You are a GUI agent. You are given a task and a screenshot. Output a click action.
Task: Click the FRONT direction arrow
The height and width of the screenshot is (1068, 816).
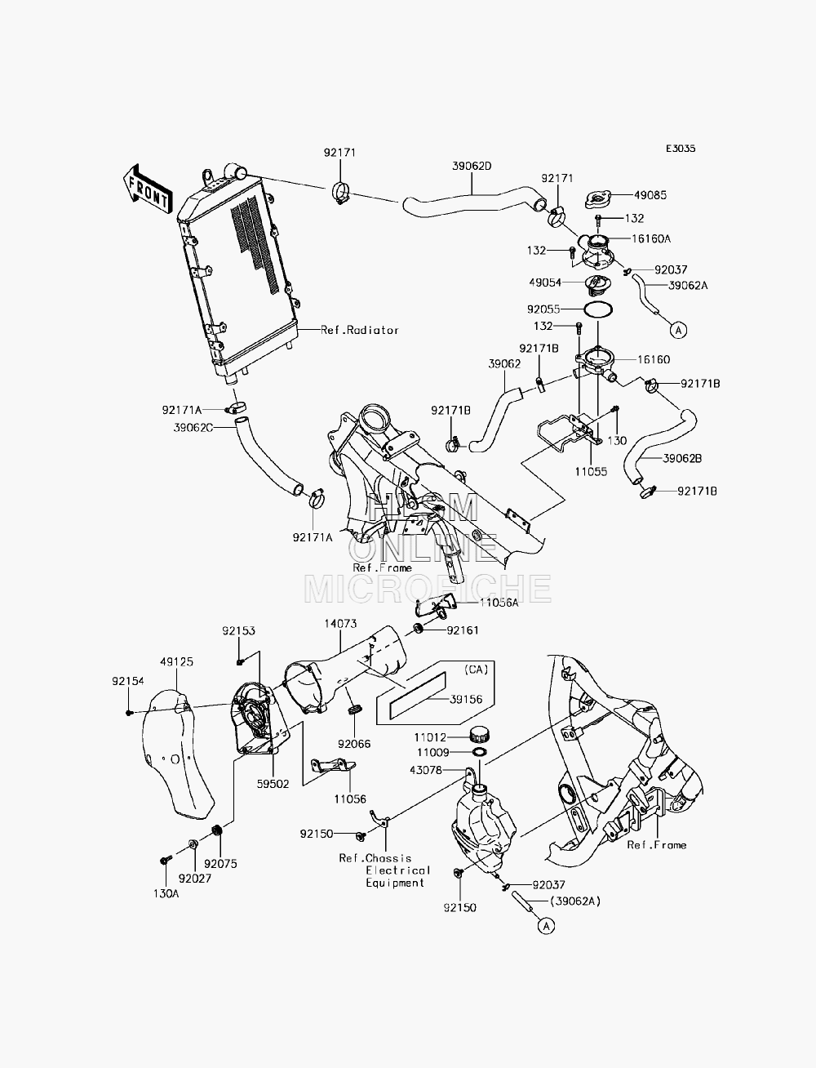click(147, 189)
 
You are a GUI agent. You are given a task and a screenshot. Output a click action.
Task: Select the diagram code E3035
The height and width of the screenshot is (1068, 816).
click(681, 149)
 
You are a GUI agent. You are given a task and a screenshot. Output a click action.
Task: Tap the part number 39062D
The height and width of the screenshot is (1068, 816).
click(472, 166)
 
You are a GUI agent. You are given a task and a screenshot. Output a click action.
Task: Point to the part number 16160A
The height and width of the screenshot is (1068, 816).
click(651, 238)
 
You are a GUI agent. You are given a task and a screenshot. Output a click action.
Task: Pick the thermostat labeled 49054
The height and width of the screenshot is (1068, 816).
click(596, 286)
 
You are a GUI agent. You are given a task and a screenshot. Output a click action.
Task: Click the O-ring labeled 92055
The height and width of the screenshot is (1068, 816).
click(596, 309)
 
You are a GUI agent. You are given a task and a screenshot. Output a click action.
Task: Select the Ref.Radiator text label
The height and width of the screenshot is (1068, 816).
click(359, 330)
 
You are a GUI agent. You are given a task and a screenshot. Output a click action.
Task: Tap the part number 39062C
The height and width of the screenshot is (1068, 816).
click(193, 428)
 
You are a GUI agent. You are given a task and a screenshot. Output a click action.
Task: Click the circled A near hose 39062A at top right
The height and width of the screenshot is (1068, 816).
click(678, 331)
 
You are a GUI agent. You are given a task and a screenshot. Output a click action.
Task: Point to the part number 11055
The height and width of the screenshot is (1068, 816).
click(591, 471)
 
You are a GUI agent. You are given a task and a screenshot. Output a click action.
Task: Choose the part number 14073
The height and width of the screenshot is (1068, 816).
click(341, 623)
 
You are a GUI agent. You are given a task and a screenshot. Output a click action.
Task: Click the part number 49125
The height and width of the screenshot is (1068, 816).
click(177, 661)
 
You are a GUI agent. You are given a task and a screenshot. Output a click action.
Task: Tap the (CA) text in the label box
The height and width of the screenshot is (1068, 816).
click(476, 670)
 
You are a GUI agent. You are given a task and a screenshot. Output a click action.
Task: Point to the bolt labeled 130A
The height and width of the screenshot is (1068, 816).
click(164, 861)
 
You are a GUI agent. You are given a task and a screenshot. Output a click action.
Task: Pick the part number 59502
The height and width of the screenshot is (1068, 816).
click(273, 784)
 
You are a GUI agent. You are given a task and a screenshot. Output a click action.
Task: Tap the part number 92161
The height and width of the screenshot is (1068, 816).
click(463, 630)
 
